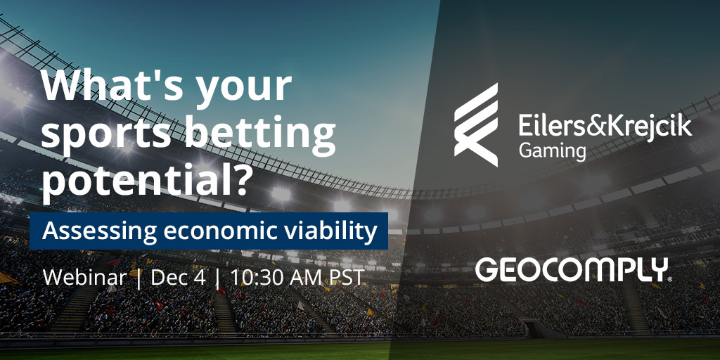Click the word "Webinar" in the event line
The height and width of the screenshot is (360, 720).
click(x=84, y=277)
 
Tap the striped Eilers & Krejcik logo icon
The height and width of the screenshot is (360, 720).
click(x=476, y=124)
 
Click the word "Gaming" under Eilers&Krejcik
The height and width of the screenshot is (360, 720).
click(x=553, y=151)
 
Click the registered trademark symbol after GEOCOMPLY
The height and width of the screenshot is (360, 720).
click(x=670, y=278)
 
